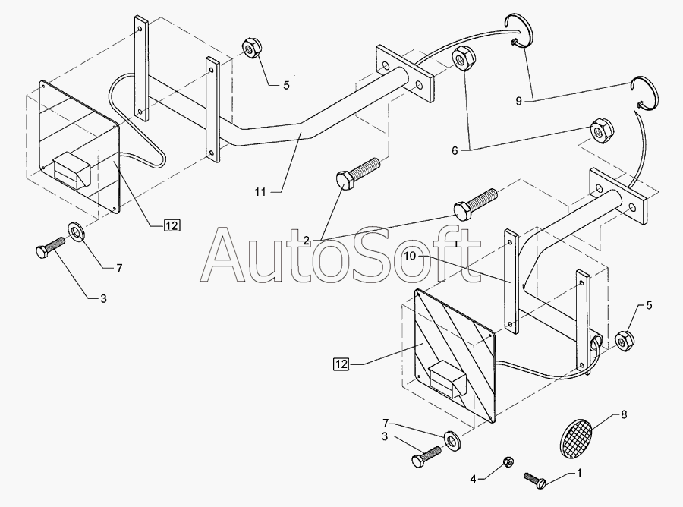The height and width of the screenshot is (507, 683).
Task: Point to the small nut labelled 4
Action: tap(509, 463)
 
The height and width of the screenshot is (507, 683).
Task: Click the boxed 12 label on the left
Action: tap(172, 225)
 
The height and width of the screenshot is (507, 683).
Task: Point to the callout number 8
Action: tap(625, 414)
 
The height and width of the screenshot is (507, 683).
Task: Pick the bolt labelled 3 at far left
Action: tap(48, 250)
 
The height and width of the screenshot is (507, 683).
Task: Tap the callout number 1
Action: tap(581, 474)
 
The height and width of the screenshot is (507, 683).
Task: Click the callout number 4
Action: tap(473, 478)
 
